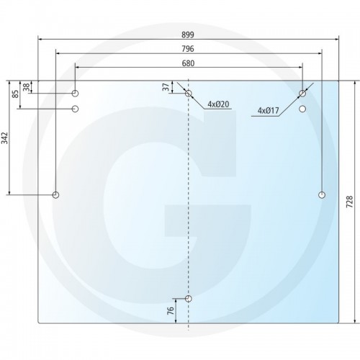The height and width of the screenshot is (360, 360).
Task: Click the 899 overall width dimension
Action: point(188,35)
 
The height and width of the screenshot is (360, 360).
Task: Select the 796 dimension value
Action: point(188,49)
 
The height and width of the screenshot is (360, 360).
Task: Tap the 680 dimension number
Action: point(188,63)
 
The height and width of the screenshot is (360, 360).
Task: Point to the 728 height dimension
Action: point(350,202)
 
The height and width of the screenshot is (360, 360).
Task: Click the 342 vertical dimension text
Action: point(5,138)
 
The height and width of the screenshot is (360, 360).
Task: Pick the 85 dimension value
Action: point(15,94)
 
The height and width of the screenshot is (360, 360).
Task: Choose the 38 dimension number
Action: point(27,87)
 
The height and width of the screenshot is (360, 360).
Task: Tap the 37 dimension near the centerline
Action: point(166,87)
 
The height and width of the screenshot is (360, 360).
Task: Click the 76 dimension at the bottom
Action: point(170,310)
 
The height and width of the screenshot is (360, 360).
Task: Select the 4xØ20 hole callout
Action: point(218,104)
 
